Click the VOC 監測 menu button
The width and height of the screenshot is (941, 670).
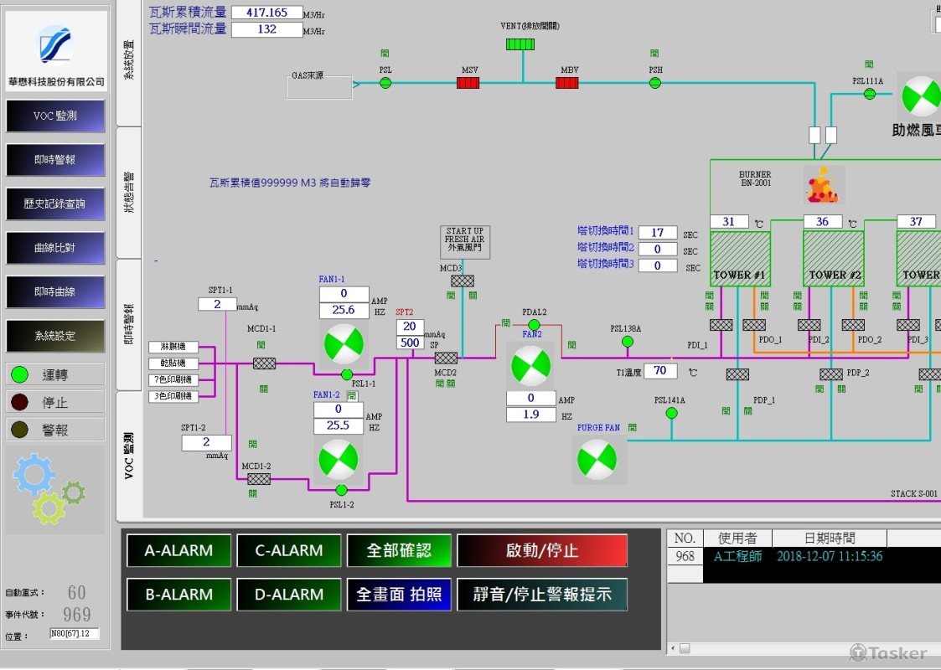(55, 116)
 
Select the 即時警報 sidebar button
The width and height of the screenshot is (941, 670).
(55, 160)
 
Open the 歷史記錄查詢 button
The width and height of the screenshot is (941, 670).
(55, 204)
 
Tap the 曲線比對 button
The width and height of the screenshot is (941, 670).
(55, 248)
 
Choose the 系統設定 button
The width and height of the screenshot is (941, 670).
(55, 336)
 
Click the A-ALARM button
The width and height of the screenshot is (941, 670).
(178, 551)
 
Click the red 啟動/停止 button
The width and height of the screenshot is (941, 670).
(541, 551)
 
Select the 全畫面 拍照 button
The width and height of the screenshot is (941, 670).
(399, 595)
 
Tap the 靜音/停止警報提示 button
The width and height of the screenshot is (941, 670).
(541, 595)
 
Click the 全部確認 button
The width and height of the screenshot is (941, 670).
(399, 551)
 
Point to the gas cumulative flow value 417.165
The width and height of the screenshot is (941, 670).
(266, 13)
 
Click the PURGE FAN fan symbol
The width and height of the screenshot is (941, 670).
(598, 459)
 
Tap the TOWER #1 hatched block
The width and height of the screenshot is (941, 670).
(740, 260)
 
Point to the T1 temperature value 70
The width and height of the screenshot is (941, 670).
(660, 371)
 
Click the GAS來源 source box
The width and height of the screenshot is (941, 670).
(319, 86)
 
